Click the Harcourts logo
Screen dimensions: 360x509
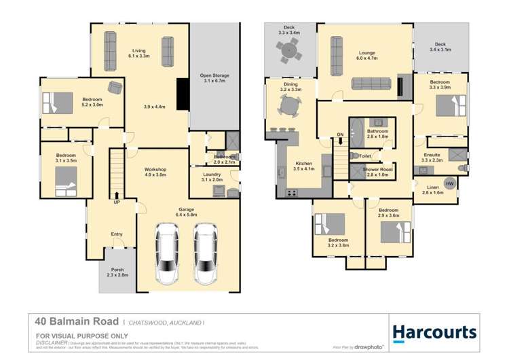(434, 332)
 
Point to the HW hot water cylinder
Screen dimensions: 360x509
(449, 183)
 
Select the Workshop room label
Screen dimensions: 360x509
(155, 172)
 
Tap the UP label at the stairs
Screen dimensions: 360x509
(117, 202)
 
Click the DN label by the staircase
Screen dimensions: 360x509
(340, 134)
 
